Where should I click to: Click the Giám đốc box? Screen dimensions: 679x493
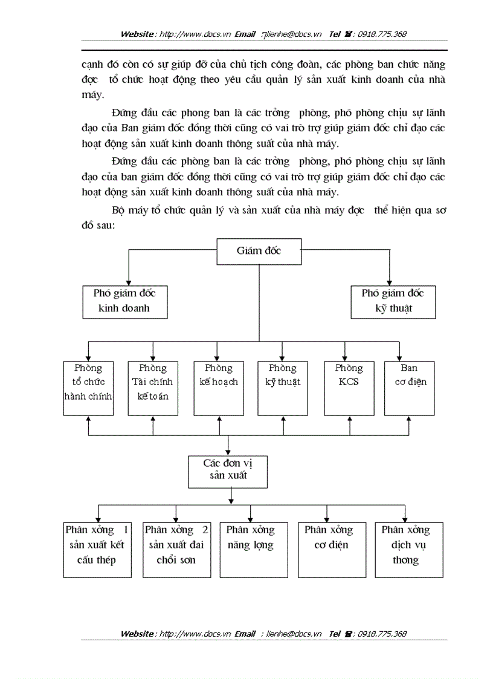coord(259,252)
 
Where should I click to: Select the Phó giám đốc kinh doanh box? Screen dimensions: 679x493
coord(124,301)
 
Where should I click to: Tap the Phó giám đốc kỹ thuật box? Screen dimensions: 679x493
coord(393,301)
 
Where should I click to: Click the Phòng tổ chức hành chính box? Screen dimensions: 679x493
coord(89,388)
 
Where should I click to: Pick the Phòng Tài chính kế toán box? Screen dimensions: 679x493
coord(153,388)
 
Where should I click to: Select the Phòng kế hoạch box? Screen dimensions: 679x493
coord(218,388)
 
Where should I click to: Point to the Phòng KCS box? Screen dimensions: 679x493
coord(349,388)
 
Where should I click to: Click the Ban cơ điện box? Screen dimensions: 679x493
coord(409,388)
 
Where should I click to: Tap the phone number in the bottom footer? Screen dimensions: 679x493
coord(382,634)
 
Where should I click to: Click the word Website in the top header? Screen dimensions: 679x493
coord(137,34)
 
